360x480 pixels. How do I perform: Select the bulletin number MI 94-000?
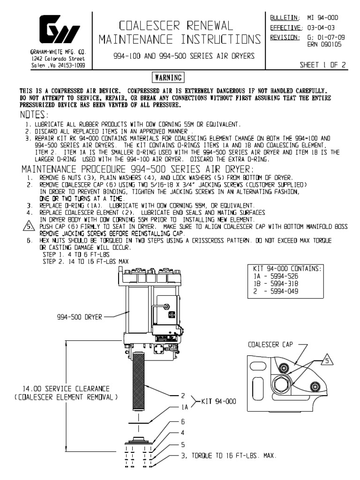click(x=322, y=18)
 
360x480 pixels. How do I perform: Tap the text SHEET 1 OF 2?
click(x=323, y=66)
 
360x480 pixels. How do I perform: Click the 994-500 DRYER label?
click(x=79, y=316)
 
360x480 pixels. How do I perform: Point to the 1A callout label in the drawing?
click(x=185, y=408)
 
